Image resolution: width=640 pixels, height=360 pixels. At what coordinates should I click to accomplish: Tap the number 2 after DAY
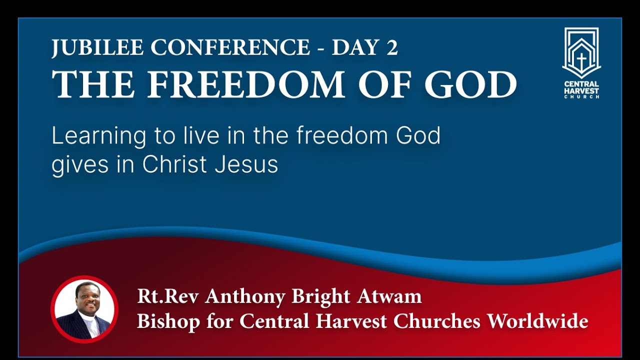391,47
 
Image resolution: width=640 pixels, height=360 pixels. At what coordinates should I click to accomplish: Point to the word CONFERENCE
230,47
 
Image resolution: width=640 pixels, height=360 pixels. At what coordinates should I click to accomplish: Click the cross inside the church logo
581,60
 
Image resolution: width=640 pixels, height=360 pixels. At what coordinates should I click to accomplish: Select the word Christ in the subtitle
175,164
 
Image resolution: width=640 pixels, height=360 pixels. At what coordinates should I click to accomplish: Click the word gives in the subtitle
76,165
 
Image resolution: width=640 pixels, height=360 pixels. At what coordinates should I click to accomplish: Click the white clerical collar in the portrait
86,318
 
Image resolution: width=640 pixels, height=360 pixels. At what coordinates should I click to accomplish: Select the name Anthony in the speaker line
238,296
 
